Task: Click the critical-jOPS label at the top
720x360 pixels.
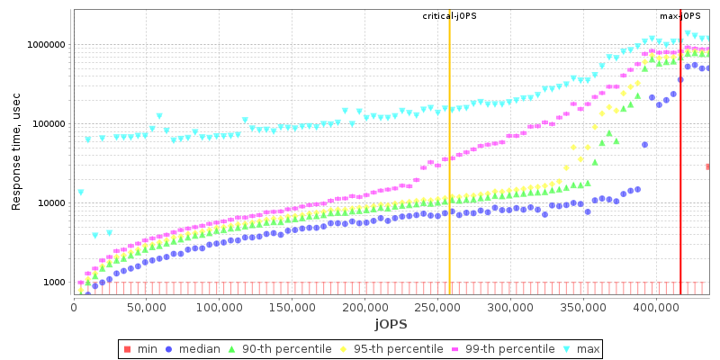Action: [449, 16]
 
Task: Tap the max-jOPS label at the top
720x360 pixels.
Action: [680, 16]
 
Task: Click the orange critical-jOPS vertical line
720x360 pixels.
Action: [449, 180]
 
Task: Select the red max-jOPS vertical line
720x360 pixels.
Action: [680, 180]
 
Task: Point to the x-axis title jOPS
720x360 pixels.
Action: [392, 323]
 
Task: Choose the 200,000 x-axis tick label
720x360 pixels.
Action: [364, 307]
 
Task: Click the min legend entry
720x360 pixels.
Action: [142, 349]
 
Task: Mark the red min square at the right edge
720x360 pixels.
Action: [708, 166]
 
